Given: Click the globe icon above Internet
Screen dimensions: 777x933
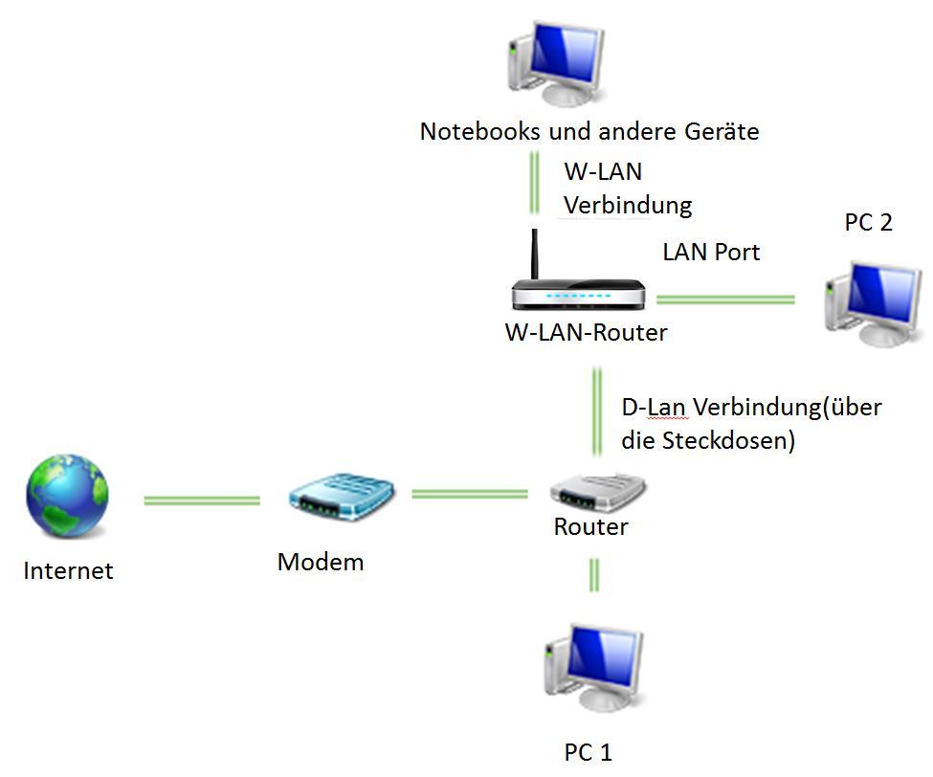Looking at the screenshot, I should [x=67, y=497].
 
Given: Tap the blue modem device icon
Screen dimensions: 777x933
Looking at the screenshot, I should [x=343, y=497].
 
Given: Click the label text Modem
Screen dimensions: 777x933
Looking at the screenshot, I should [x=321, y=562].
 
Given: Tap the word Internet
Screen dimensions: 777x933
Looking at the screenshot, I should [x=68, y=571].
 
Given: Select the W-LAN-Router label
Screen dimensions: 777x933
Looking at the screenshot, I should [x=586, y=333].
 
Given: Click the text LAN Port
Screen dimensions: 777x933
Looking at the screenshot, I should [x=711, y=252].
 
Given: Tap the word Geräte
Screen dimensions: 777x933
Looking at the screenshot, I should [x=722, y=130].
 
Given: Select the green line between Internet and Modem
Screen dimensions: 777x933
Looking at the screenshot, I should [x=201, y=500].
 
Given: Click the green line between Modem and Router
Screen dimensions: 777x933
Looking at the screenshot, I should [x=469, y=494].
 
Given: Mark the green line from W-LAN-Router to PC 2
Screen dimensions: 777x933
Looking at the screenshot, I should [x=724, y=300].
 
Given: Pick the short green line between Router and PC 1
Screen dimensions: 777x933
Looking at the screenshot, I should [x=594, y=575].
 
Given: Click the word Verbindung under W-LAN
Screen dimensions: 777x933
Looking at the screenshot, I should [x=627, y=205].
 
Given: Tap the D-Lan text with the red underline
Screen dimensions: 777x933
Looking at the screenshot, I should [x=654, y=407].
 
